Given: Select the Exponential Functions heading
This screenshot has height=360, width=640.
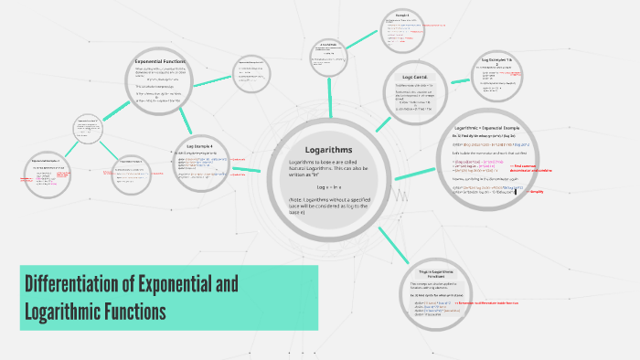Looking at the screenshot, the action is pos(160,60).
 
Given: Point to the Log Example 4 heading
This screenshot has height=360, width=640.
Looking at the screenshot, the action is pos(199,145).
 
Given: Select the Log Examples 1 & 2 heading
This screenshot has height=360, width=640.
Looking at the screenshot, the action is pos(501,60).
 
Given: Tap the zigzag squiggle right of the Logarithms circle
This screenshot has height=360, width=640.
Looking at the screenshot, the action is pos(400,194).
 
